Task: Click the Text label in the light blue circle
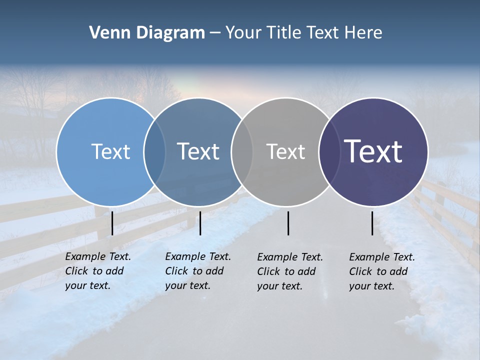(x=110, y=151)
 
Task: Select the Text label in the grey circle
(x=285, y=151)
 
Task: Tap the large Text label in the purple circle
(x=373, y=151)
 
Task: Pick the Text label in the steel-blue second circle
(x=198, y=151)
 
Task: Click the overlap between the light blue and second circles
(x=154, y=151)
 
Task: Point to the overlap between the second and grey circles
(x=242, y=151)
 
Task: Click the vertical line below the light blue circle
(x=112, y=223)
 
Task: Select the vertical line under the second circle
(x=200, y=223)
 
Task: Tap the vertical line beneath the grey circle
(x=288, y=223)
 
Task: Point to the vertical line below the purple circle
(x=372, y=223)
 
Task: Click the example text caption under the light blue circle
(x=97, y=271)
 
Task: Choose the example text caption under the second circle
(x=197, y=271)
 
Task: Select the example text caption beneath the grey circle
(x=289, y=271)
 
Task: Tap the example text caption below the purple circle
(x=381, y=271)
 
